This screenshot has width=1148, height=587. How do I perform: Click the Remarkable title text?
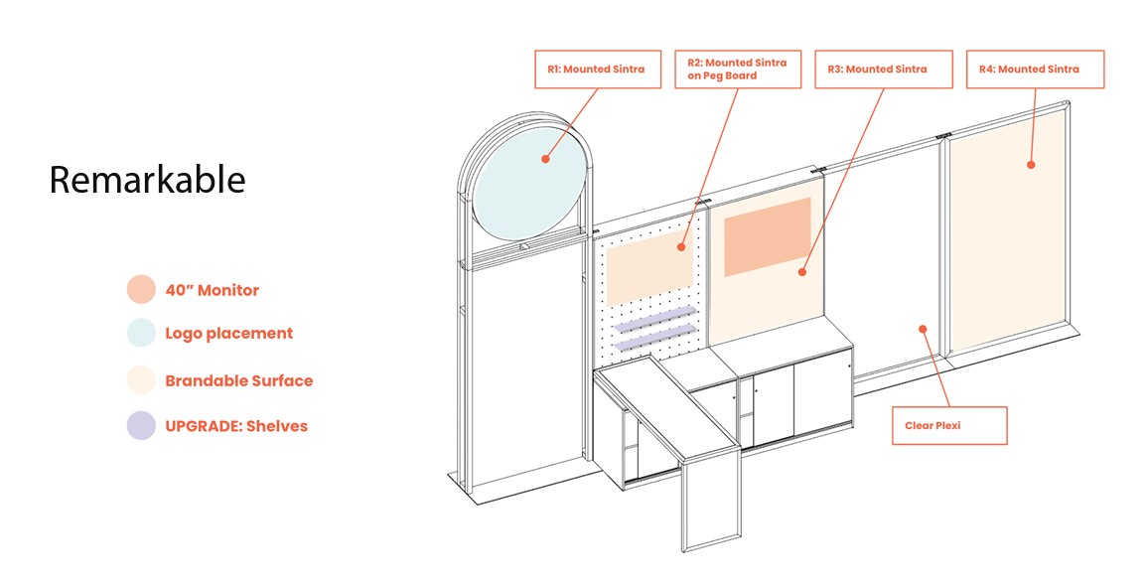pyautogui.click(x=147, y=180)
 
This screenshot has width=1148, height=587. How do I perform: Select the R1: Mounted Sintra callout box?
pyautogui.click(x=597, y=70)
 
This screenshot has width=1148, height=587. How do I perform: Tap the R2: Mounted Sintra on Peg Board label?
pyautogui.click(x=737, y=70)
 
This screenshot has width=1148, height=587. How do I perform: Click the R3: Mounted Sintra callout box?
pyautogui.click(x=883, y=70)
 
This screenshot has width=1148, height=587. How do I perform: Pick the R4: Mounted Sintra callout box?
pyautogui.click(x=1035, y=70)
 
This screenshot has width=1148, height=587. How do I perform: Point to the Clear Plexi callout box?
pyautogui.click(x=948, y=425)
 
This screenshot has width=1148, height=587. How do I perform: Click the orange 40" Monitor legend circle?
pyautogui.click(x=141, y=290)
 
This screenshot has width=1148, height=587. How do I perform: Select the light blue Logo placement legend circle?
pyautogui.click(x=141, y=334)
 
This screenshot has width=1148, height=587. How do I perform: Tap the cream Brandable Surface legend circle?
pyautogui.click(x=141, y=380)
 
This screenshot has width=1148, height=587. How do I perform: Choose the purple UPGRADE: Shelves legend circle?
pyautogui.click(x=141, y=426)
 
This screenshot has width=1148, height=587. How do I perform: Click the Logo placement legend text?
pyautogui.click(x=228, y=334)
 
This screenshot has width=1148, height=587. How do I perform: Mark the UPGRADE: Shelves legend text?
pyautogui.click(x=236, y=426)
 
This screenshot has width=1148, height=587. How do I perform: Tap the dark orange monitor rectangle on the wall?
pyautogui.click(x=767, y=236)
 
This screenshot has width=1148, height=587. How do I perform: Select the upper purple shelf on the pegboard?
pyautogui.click(x=655, y=320)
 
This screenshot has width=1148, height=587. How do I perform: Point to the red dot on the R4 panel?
pyautogui.click(x=1031, y=164)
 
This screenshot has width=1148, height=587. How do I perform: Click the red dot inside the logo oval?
pyautogui.click(x=545, y=158)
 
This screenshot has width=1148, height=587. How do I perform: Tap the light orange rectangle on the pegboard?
pyautogui.click(x=647, y=268)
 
